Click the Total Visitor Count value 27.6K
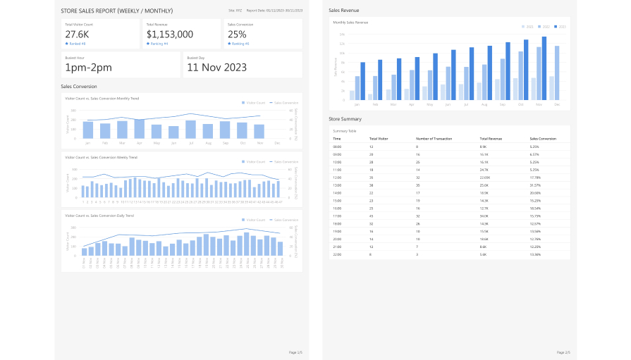click(x=77, y=34)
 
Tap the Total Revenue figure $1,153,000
click(x=169, y=34)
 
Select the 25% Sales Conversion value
click(x=237, y=34)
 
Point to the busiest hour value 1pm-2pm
click(x=88, y=68)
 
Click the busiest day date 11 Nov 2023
click(x=216, y=68)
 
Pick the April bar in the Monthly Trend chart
click(x=140, y=128)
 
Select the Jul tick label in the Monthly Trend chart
click(x=190, y=143)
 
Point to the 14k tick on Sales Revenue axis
click(x=341, y=33)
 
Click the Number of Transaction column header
click(x=434, y=139)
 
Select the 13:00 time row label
click(x=337, y=185)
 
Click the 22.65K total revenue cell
click(x=484, y=177)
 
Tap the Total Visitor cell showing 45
click(x=372, y=216)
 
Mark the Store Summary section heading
click(x=346, y=118)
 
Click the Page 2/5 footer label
click(x=563, y=352)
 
